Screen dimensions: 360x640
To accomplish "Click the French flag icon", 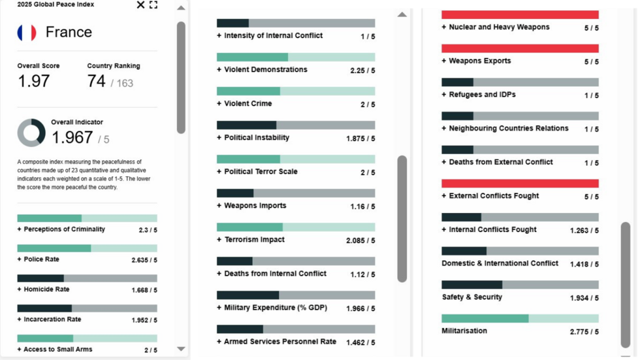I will [x=27, y=33].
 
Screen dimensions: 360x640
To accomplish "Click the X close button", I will [x=140, y=5].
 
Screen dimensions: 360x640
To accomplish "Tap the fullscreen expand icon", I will [x=153, y=5].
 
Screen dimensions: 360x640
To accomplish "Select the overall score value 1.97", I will [x=33, y=81].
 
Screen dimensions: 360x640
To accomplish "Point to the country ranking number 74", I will [x=96, y=81].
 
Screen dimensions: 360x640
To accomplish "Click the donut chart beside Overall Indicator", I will [x=31, y=133].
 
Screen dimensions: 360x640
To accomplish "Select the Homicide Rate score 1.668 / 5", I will [x=144, y=290].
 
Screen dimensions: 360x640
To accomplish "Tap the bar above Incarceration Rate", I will [x=87, y=308].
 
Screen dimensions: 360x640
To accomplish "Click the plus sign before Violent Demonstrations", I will [x=219, y=70].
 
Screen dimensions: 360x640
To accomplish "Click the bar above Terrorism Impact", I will [x=296, y=227].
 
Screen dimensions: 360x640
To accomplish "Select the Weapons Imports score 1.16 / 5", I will [x=362, y=206].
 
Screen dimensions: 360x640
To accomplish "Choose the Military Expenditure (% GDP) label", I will [x=275, y=308].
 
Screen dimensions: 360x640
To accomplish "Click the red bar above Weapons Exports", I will [x=520, y=48].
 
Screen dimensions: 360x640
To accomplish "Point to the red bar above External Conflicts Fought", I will [x=520, y=184].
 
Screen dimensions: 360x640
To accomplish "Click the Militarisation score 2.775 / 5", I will [x=584, y=332].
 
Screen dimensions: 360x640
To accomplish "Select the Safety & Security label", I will [x=472, y=297].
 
